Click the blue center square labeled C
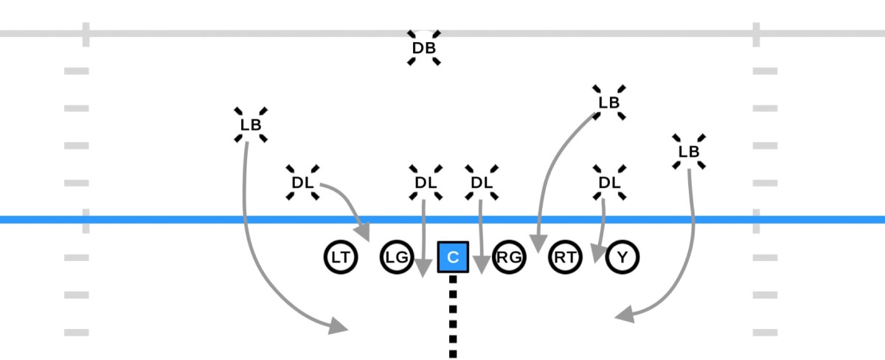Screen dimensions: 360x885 click(454, 257)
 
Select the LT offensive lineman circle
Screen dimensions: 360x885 click(340, 257)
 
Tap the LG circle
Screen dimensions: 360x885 click(397, 257)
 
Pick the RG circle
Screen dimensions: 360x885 click(509, 257)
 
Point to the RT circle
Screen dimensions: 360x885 click(566, 257)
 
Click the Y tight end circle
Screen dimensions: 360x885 click(623, 257)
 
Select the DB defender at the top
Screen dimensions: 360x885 click(424, 49)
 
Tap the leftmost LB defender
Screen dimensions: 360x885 click(251, 125)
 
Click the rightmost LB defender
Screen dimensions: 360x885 click(689, 151)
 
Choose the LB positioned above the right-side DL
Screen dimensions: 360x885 click(609, 103)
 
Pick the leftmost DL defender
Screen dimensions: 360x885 click(302, 182)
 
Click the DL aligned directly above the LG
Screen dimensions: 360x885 click(425, 182)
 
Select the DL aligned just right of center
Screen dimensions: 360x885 click(481, 182)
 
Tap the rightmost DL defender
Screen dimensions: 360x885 click(609, 182)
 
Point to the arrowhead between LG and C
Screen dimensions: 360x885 click(423, 268)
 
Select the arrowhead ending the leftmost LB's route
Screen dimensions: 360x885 click(339, 325)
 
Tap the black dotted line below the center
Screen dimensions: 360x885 click(453, 317)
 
